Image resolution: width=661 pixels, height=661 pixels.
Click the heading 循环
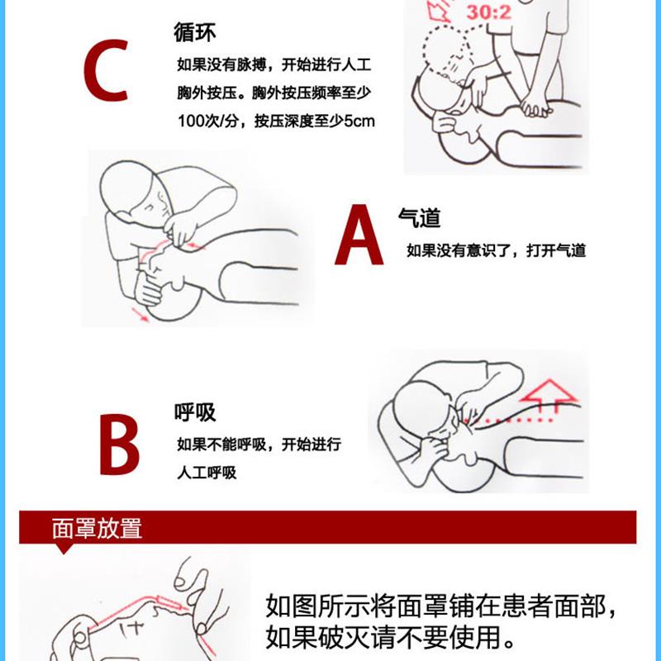coord(195,35)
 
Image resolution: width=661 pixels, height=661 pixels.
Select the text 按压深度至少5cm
coord(315,121)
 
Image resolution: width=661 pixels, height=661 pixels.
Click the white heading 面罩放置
coord(97,528)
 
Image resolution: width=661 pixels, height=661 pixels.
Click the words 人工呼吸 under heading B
coord(207,473)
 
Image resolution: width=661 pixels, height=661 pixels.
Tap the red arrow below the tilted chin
coord(142,316)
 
